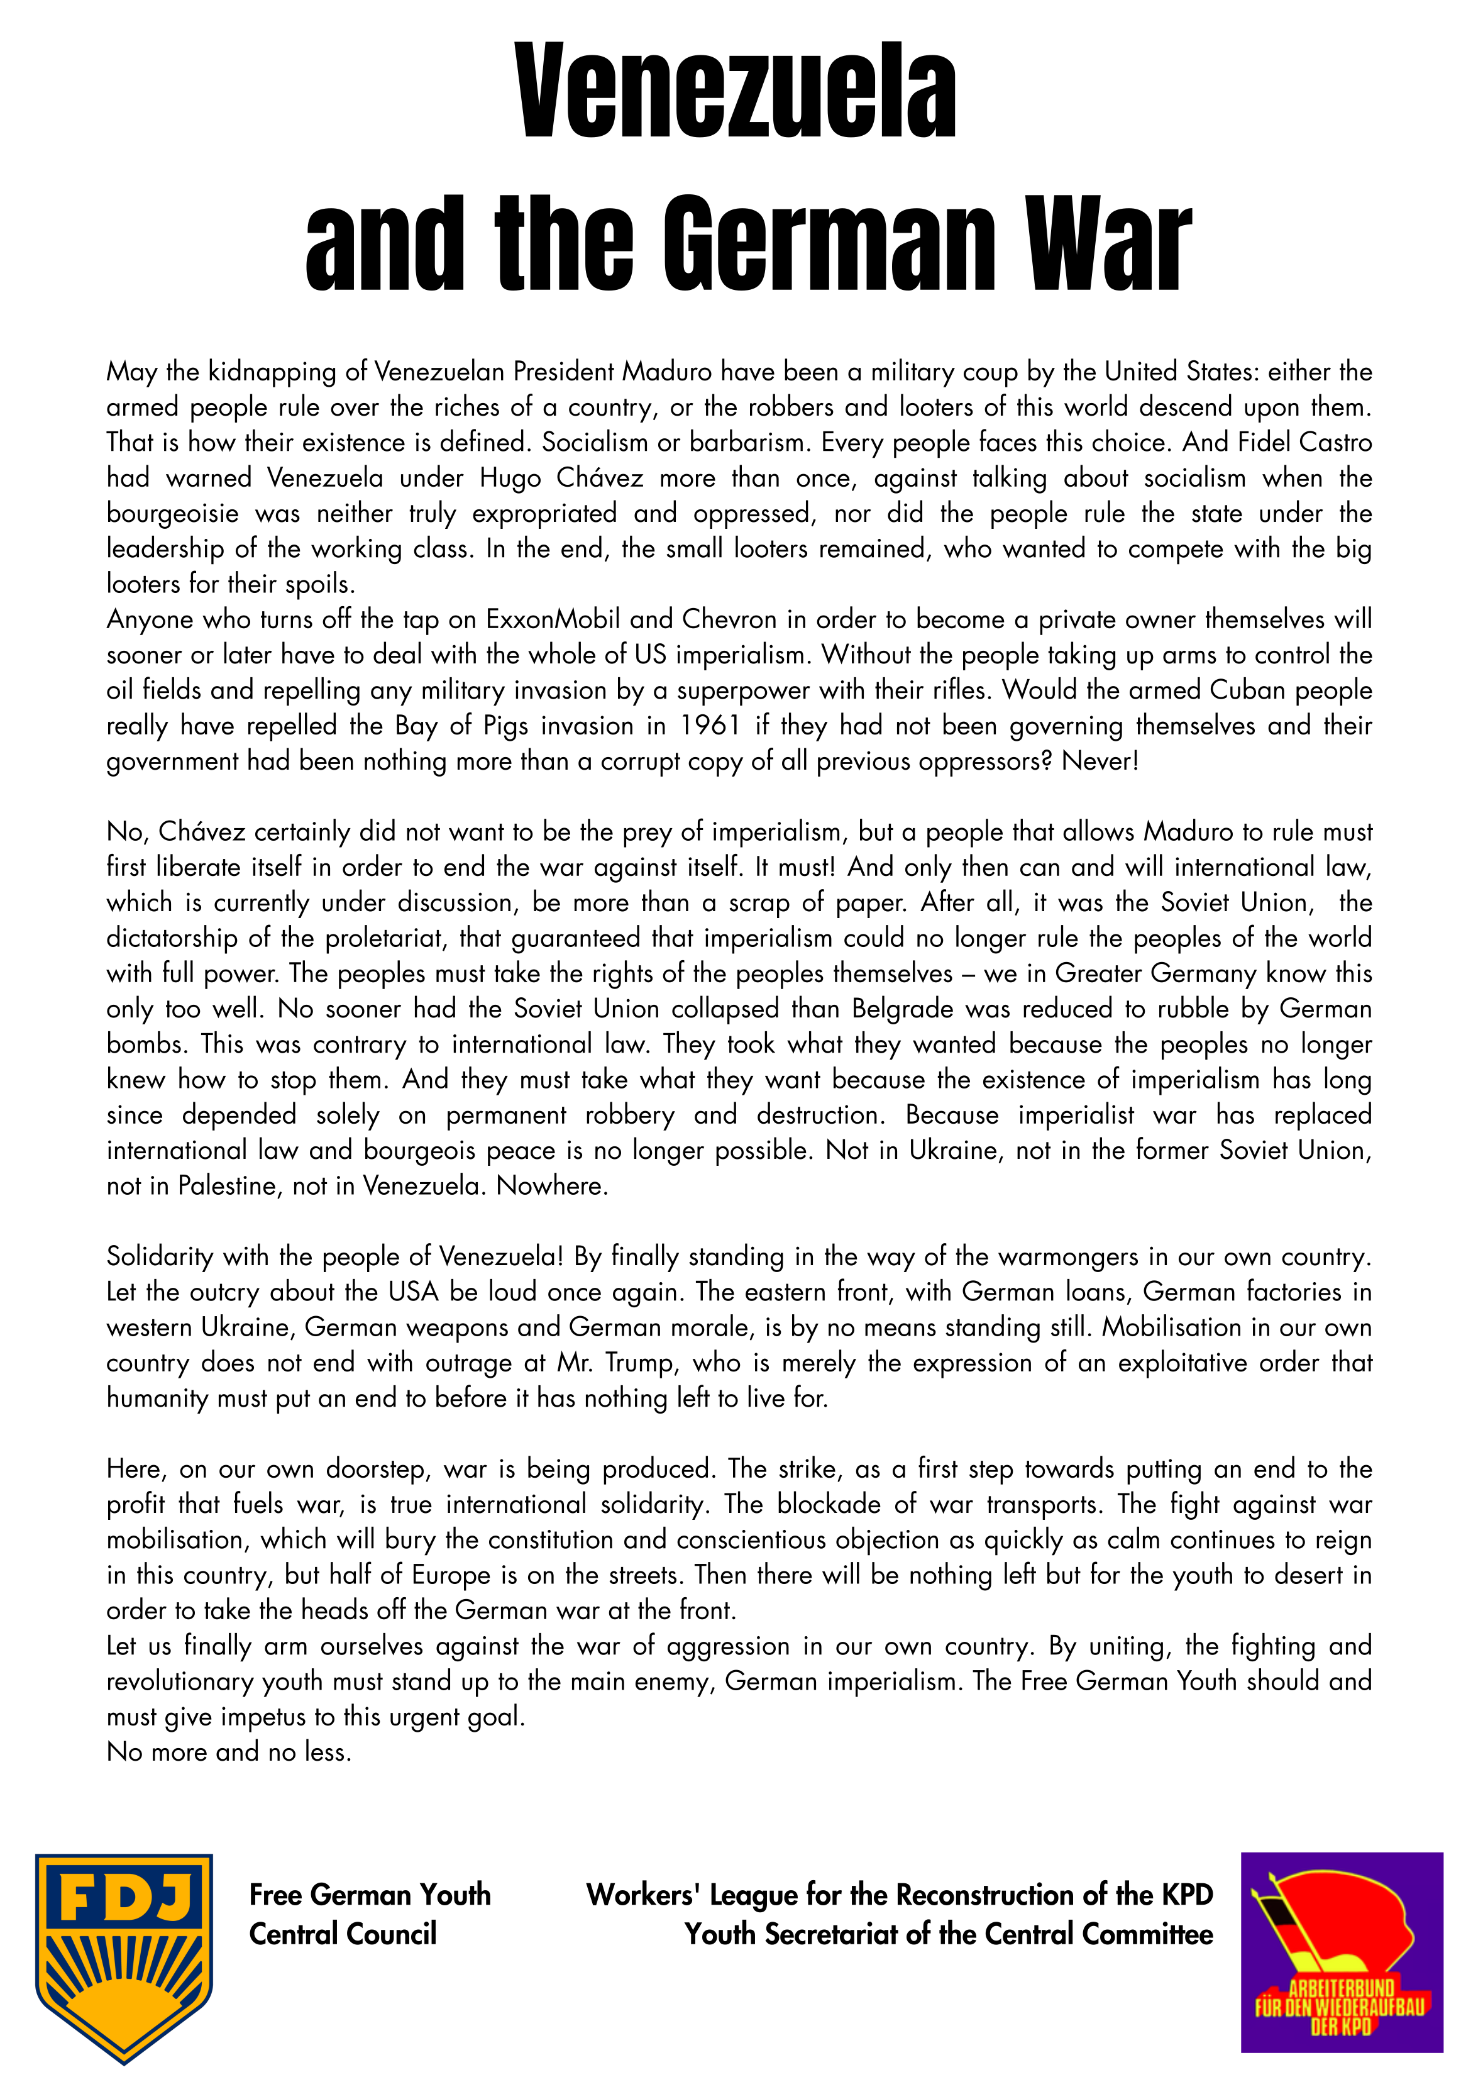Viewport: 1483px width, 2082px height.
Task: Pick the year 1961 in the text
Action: click(x=710, y=726)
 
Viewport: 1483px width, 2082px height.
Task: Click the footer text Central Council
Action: click(x=343, y=1934)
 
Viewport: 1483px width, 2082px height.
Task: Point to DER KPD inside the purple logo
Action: click(x=1340, y=2027)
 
